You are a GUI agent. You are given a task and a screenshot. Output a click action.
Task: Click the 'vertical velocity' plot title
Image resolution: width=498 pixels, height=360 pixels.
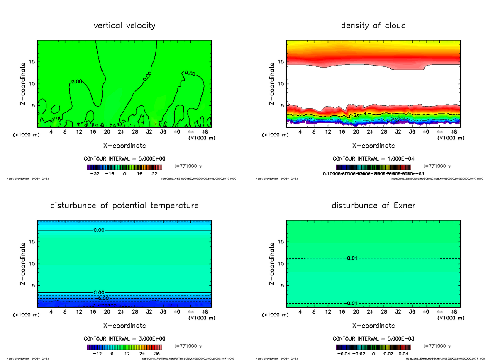coord(124,26)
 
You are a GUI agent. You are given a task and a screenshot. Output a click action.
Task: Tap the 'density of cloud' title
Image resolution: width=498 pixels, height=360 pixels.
coord(373,26)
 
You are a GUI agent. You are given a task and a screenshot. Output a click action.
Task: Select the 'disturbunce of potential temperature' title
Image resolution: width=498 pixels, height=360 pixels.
coord(124,206)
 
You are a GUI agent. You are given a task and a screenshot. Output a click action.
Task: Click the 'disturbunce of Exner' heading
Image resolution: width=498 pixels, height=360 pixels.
coord(373,206)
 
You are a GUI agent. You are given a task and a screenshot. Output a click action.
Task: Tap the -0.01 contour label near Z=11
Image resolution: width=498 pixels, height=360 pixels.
coord(350,258)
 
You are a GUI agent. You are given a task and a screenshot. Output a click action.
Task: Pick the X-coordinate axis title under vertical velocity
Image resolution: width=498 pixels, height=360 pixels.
coord(124,146)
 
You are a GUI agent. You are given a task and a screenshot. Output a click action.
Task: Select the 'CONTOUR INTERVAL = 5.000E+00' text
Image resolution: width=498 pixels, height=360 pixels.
coord(124,159)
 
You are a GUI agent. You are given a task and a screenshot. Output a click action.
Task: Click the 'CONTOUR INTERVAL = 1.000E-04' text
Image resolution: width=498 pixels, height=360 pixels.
coord(373,159)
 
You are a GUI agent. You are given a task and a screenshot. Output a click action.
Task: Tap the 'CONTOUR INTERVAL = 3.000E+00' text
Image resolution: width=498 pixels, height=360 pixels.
coord(124,338)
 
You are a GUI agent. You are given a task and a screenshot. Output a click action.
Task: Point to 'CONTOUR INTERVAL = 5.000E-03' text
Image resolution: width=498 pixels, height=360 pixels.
coord(373,338)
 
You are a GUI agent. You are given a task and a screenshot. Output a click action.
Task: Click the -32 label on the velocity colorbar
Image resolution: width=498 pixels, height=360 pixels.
coord(97,174)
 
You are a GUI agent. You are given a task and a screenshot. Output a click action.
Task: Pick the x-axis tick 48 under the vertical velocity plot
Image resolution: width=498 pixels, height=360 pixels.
coord(205,132)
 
